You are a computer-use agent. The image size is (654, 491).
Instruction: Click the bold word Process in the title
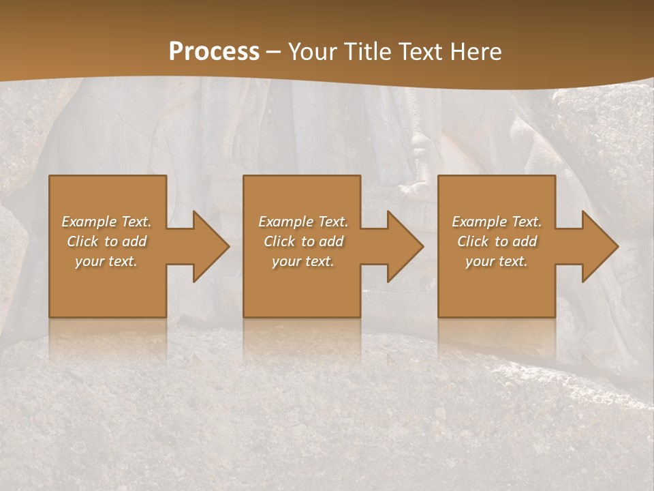(214, 52)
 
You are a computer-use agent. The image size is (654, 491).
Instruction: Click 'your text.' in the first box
(106, 261)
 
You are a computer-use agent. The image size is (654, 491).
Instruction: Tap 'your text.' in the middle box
(303, 261)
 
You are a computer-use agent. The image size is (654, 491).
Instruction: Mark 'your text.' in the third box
(497, 261)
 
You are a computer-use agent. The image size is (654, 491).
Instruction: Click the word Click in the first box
(82, 241)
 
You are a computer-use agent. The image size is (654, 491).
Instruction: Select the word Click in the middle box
(279, 241)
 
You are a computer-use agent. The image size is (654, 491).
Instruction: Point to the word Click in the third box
(473, 241)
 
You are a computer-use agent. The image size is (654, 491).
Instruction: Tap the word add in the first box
(135, 241)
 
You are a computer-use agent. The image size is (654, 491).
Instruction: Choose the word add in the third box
(525, 241)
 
